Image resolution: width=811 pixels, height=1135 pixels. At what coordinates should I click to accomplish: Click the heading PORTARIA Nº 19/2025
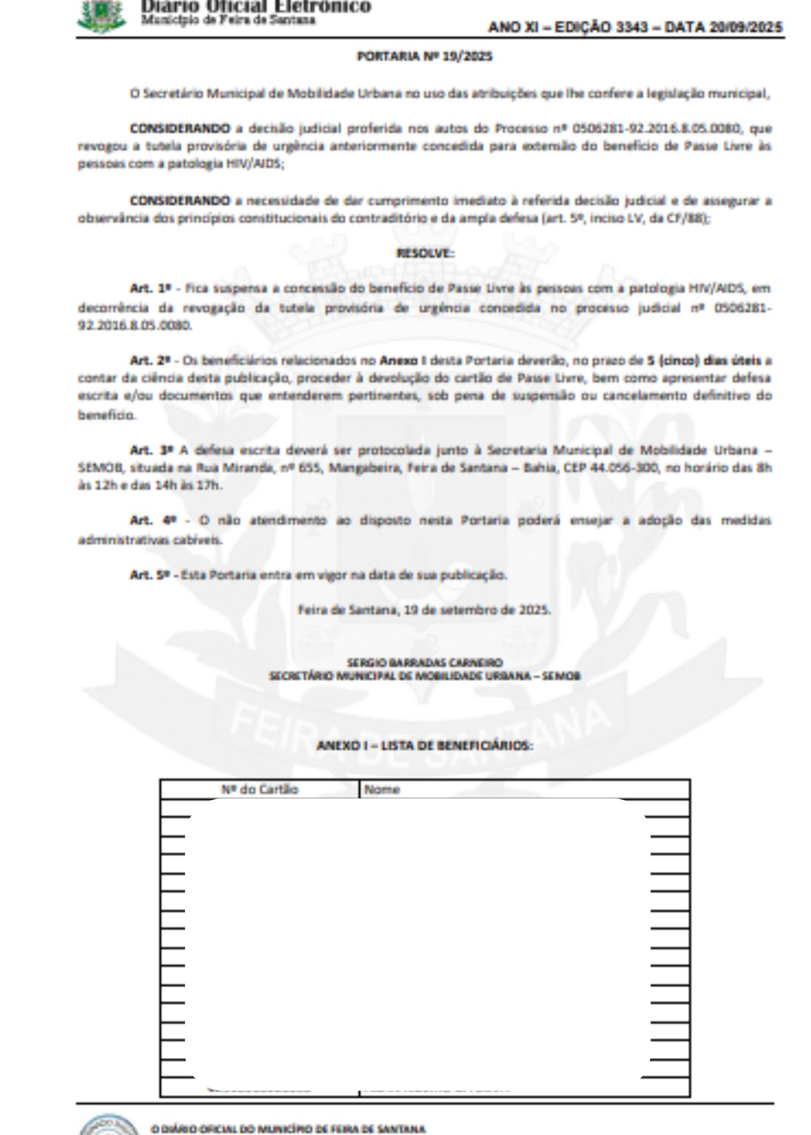pyautogui.click(x=423, y=57)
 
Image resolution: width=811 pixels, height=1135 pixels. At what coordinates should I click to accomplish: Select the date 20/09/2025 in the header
pyautogui.click(x=746, y=27)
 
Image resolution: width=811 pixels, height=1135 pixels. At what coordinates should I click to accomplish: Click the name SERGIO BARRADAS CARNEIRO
pyautogui.click(x=425, y=662)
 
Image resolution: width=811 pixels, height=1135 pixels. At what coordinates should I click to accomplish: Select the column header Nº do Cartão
pyautogui.click(x=259, y=789)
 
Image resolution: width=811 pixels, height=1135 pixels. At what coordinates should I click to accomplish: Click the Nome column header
pyautogui.click(x=382, y=789)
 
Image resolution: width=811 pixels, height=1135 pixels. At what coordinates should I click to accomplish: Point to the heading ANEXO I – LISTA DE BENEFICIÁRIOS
pyautogui.click(x=425, y=745)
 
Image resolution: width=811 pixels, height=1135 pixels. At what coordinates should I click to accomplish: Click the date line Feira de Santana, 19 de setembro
pyautogui.click(x=424, y=610)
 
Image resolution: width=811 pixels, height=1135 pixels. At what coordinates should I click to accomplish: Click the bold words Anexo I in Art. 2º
pyautogui.click(x=403, y=360)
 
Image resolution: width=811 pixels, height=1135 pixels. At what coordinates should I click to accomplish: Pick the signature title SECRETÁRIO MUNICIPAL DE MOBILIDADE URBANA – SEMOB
pyautogui.click(x=425, y=676)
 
